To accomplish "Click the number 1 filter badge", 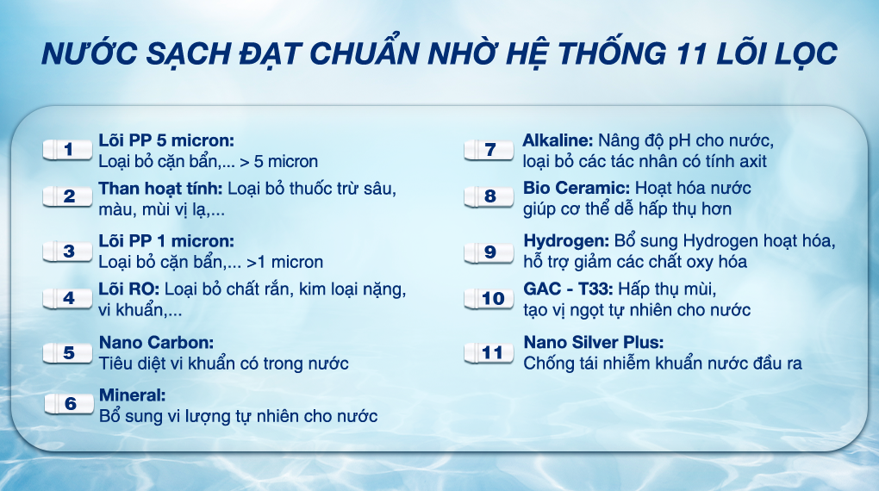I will [x=68, y=150].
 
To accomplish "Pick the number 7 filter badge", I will [x=489, y=150].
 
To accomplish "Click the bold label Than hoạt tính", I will [x=159, y=188].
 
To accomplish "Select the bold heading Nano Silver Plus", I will [x=594, y=342].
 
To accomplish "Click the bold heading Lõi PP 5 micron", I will [x=166, y=140].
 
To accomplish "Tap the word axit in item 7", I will [x=751, y=161].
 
